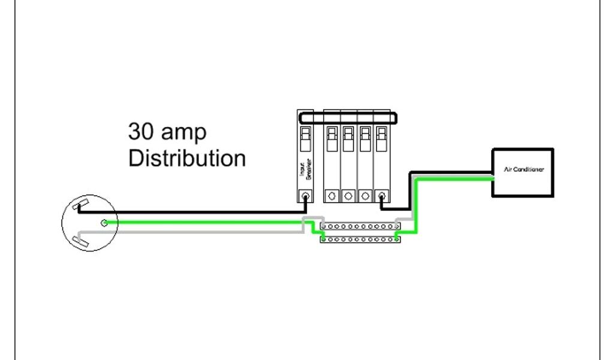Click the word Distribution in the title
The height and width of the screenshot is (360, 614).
point(187,158)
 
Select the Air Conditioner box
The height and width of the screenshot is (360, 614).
point(522,172)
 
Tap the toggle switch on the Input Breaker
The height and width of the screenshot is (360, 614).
point(305,137)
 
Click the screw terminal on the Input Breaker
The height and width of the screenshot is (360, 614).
point(306,196)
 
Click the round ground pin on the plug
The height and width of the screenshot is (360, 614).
point(104,223)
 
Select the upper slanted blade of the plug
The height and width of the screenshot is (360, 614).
point(78,207)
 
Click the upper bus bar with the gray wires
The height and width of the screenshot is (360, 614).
point(360,227)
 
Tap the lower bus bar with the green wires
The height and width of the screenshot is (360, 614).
point(360,239)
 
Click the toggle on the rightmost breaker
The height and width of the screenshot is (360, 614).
point(381,137)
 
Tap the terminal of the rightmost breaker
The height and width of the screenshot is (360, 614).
point(382,196)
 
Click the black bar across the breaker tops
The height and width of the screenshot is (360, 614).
point(348,117)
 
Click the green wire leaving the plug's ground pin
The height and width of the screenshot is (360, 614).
point(204,223)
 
